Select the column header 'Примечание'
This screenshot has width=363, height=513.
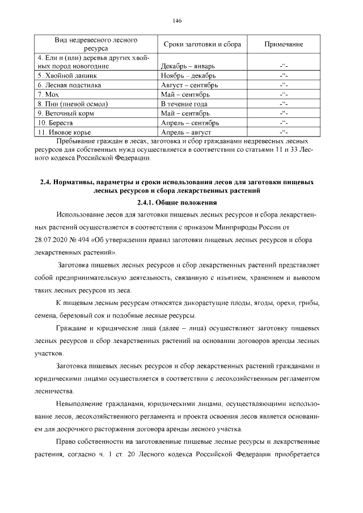click(x=284, y=44)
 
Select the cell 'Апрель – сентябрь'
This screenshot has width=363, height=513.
click(x=190, y=122)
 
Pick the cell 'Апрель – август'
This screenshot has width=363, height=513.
click(x=185, y=132)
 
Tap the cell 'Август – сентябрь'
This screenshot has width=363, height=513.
click(x=189, y=85)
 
